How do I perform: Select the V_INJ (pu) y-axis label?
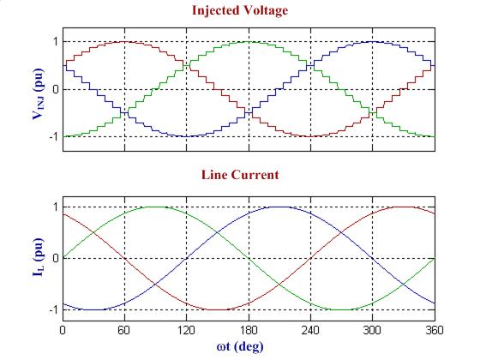point(39,88)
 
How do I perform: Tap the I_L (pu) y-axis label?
point(39,256)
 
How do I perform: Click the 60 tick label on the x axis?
point(124,329)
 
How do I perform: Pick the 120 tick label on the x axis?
point(186,329)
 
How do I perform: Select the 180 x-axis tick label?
point(248,329)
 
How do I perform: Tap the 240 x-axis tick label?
point(309,329)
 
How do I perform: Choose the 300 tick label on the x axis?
point(371,329)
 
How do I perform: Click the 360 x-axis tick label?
point(432,329)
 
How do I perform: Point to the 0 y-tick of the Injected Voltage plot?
point(55,89)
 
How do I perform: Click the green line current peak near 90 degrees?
point(155,207)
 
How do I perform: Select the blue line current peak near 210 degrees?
point(279,207)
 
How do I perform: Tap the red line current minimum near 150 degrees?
point(217,309)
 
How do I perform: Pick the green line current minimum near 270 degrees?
point(340,309)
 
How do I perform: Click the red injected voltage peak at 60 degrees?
point(124,41)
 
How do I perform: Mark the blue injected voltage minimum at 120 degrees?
point(186,136)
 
